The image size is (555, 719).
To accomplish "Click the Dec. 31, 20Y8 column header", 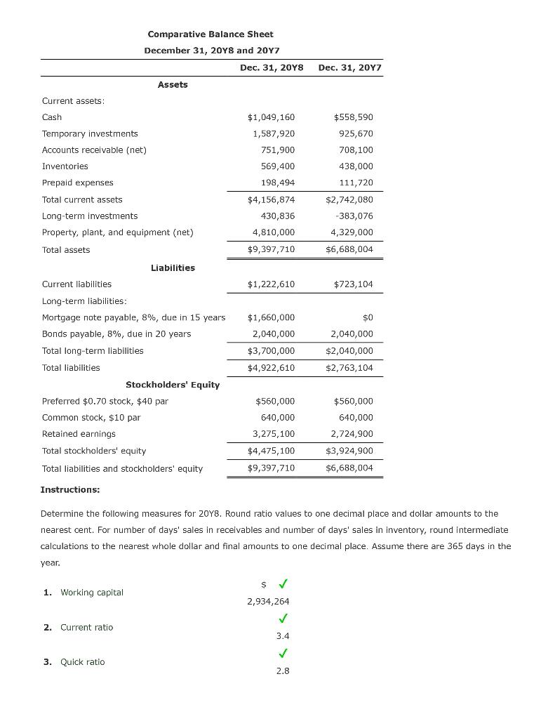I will pyautogui.click(x=272, y=67).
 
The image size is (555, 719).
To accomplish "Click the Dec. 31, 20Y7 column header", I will pyautogui.click(x=349, y=67).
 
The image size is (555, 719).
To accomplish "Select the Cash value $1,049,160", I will pyautogui.click(x=272, y=117).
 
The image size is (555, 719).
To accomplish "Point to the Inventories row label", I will pyautogui.click(x=65, y=166).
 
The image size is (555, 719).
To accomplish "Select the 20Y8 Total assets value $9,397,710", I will pyautogui.click(x=272, y=249).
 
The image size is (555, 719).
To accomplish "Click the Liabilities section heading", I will pyautogui.click(x=173, y=268).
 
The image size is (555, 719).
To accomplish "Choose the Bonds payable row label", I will pyautogui.click(x=116, y=334).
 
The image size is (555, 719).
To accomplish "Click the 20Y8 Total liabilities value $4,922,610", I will pyautogui.click(x=272, y=367).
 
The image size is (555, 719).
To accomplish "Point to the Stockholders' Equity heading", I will pyautogui.click(x=173, y=385).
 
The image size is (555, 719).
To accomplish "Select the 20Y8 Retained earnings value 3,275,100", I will pyautogui.click(x=274, y=434).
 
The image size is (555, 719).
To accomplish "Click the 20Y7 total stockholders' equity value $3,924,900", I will pyautogui.click(x=349, y=451).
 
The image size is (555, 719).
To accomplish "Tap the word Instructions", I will pyautogui.click(x=70, y=489).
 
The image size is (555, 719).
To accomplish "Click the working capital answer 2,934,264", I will pyautogui.click(x=268, y=601).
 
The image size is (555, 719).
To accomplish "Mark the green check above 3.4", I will pyautogui.click(x=283, y=619).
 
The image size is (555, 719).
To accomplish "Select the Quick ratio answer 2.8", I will pyautogui.click(x=283, y=671).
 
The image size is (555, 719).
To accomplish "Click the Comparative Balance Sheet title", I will pyautogui.click(x=210, y=34).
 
